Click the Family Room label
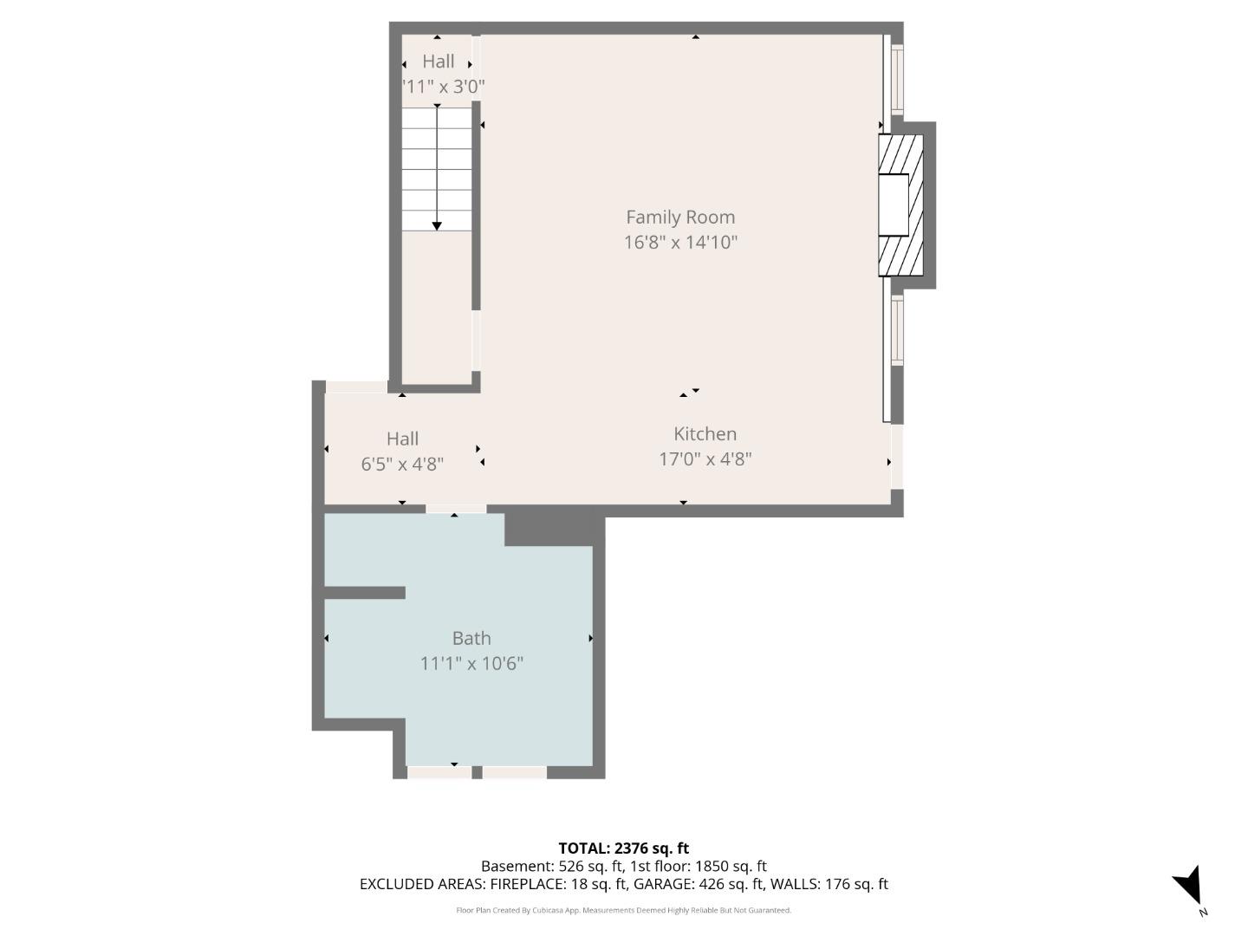(680, 218)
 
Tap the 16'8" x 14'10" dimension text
(680, 243)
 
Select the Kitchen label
(705, 434)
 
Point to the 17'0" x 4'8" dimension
(705, 459)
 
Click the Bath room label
(471, 639)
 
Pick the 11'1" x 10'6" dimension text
(471, 664)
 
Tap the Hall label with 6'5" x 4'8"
(402, 439)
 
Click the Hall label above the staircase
(438, 62)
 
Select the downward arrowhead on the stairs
(437, 225)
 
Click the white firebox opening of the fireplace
(894, 205)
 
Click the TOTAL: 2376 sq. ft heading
(623, 848)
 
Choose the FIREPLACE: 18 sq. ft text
(558, 884)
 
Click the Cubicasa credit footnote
(623, 910)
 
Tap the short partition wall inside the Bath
(364, 593)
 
